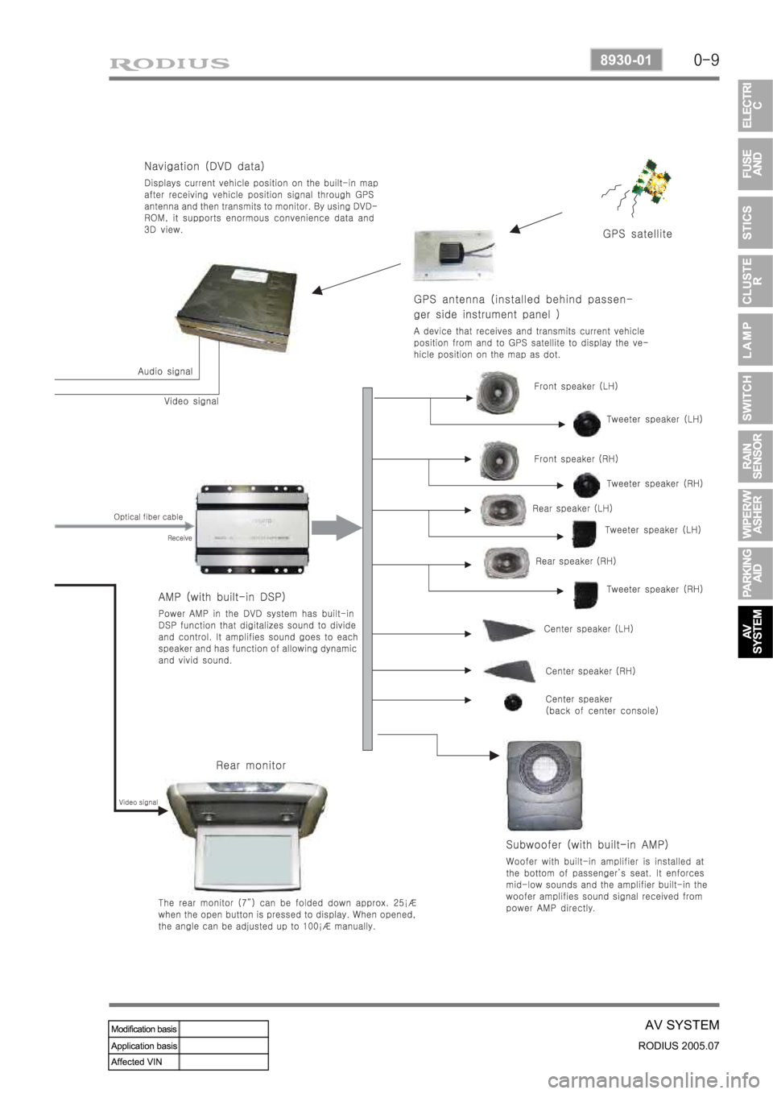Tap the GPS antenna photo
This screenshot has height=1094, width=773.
pos(453,255)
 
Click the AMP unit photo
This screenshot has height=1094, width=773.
pos(252,528)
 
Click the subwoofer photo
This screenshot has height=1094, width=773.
pos(544,785)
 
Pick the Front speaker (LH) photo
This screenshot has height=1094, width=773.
pos(502,392)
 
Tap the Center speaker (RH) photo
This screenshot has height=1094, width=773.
pos(511,670)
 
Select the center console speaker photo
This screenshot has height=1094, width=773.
pos(513,702)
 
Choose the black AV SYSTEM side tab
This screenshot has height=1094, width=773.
pos(754,632)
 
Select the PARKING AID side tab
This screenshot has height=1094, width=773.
pos(754,574)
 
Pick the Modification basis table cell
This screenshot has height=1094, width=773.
pos(144,1029)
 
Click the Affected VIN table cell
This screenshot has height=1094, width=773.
pos(144,1062)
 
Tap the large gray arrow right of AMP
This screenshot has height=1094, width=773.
pos(337,528)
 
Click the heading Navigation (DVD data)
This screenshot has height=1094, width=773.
pos(204,167)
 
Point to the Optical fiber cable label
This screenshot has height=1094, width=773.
pos(148,516)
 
